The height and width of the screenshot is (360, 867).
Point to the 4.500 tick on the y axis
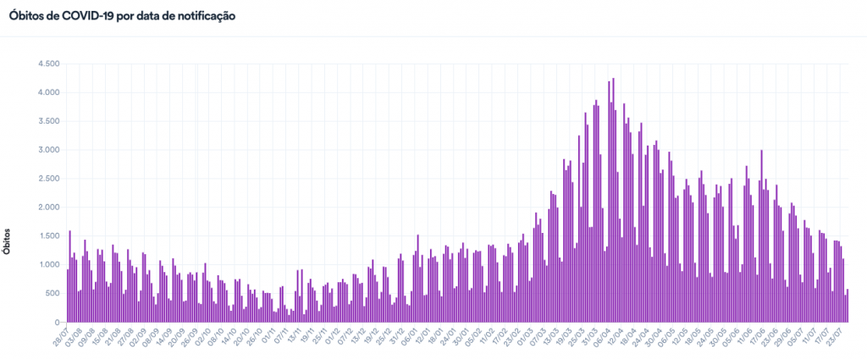(47, 64)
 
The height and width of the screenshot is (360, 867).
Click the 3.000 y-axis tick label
(47, 150)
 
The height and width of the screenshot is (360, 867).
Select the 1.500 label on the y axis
(47, 236)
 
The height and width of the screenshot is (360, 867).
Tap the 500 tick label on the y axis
(52, 294)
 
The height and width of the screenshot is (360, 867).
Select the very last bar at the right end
(848, 307)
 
